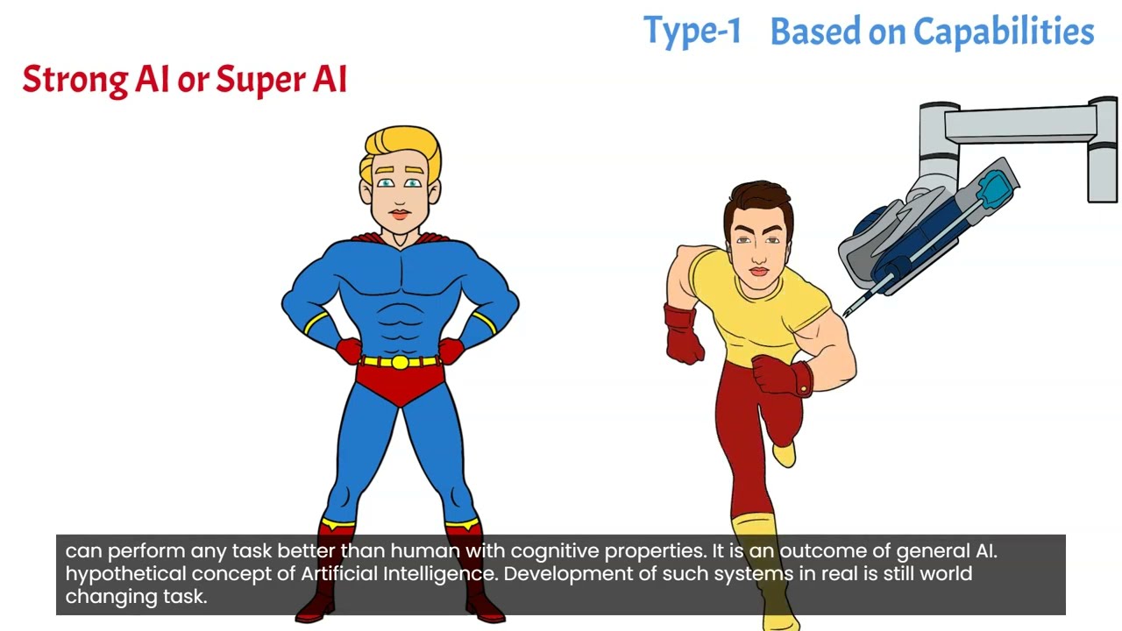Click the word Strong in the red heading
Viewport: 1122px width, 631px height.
tap(75, 80)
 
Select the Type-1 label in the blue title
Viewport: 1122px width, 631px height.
tap(692, 32)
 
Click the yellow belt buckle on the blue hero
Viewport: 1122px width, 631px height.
tap(400, 362)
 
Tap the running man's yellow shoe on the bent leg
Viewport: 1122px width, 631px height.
tap(785, 453)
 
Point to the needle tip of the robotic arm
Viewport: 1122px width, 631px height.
tap(847, 313)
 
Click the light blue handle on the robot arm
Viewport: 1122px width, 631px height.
tap(996, 186)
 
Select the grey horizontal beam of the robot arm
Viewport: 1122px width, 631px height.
tap(1017, 124)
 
